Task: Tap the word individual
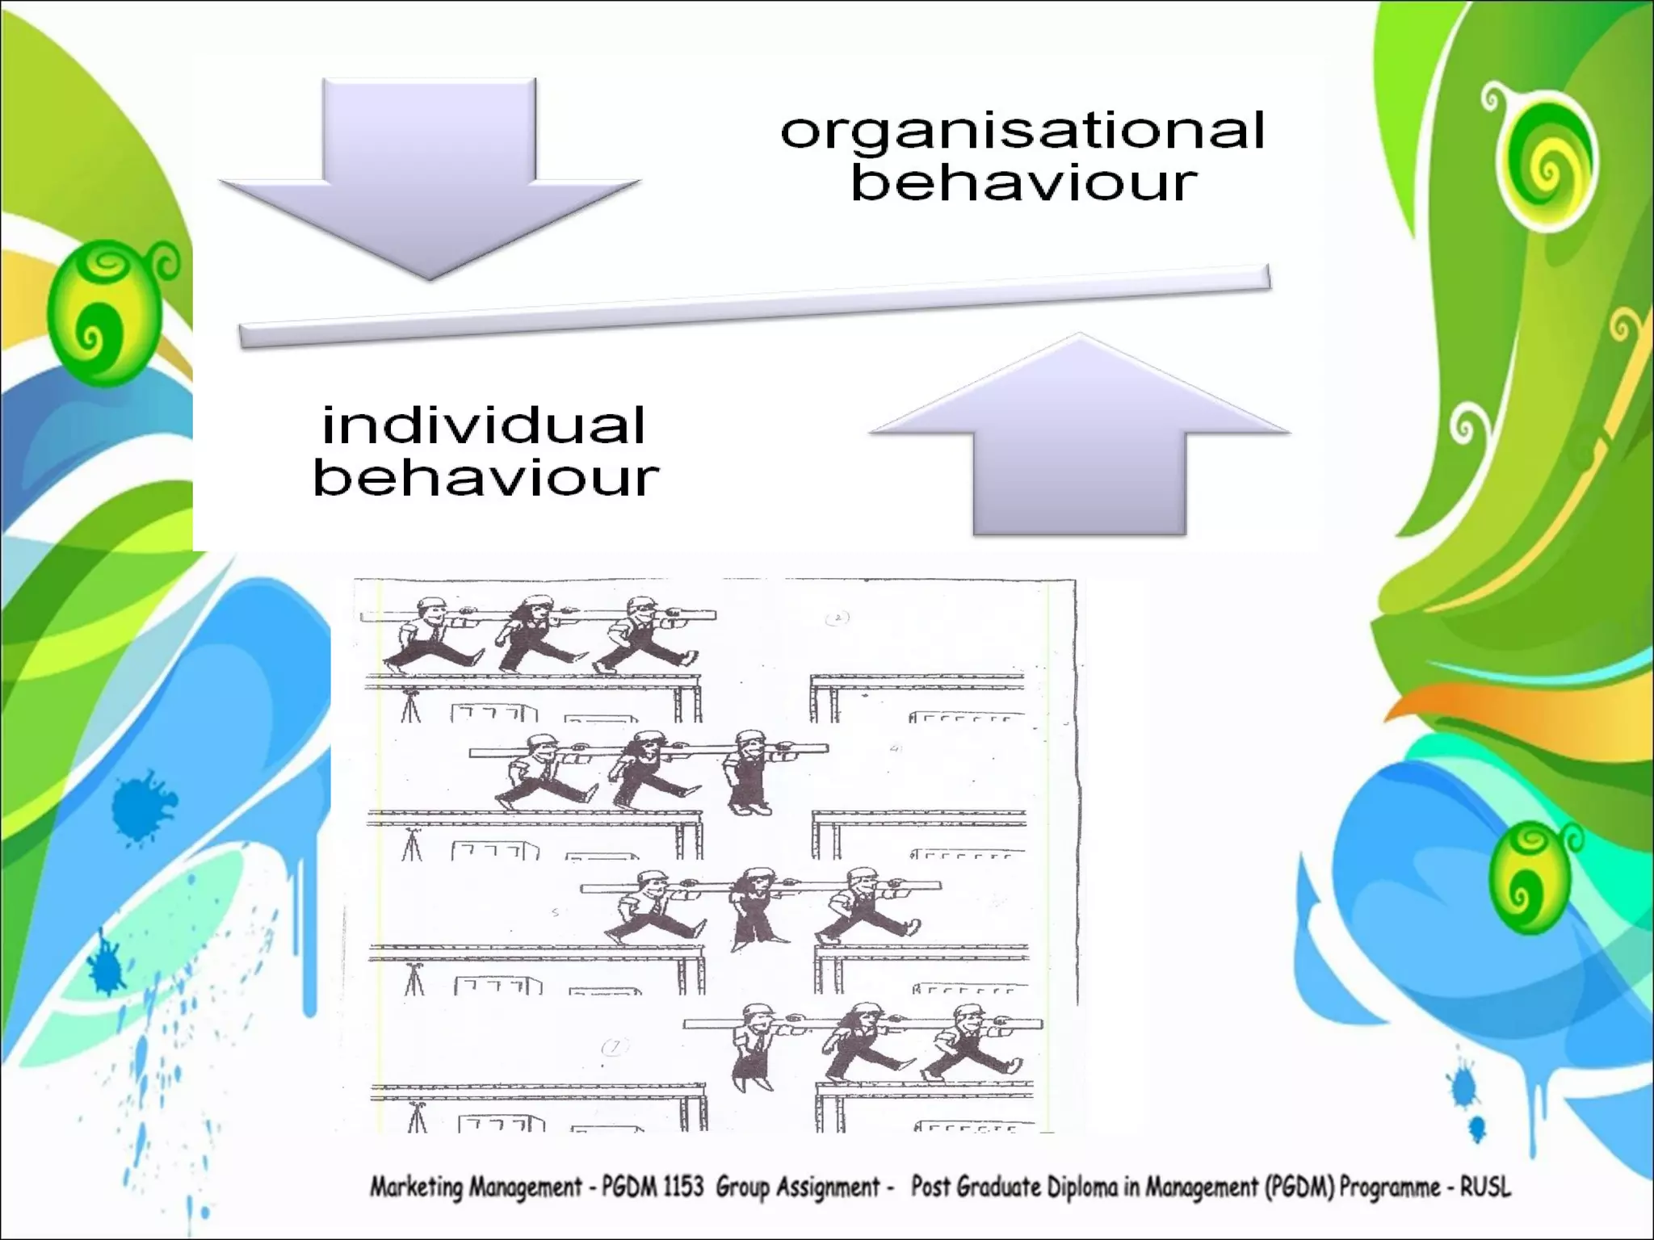pyautogui.click(x=484, y=425)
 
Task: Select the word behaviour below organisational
pyautogui.click(x=1024, y=182)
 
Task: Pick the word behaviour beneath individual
pyautogui.click(x=486, y=478)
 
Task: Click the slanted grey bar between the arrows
pyautogui.click(x=754, y=308)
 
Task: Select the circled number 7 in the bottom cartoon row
pyautogui.click(x=615, y=1048)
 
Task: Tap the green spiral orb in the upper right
pyautogui.click(x=1542, y=161)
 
